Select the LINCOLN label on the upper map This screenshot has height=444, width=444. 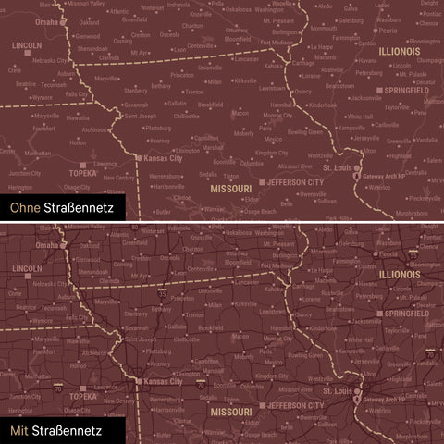click(26, 44)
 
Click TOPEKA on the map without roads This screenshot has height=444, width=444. click(83, 171)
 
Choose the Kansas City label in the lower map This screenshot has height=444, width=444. click(165, 381)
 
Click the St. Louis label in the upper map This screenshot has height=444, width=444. click(344, 169)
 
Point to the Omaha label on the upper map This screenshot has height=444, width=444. click(45, 20)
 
